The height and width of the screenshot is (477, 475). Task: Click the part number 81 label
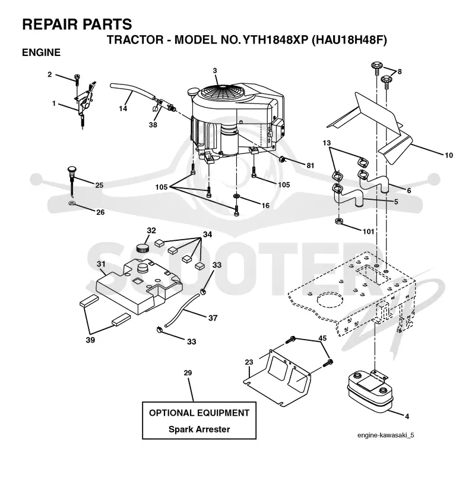(x=310, y=165)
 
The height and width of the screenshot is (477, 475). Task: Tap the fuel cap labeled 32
(x=142, y=247)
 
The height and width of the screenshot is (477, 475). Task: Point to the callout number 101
(x=368, y=231)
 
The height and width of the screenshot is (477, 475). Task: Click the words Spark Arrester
(x=199, y=429)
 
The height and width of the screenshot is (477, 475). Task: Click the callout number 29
(x=188, y=373)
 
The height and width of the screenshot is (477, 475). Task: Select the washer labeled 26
(x=72, y=203)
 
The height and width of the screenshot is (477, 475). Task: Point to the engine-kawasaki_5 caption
(x=386, y=435)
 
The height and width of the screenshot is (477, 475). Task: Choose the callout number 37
(x=213, y=318)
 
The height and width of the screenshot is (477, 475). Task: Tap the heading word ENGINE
(x=42, y=52)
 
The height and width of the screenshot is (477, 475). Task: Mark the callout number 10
(x=449, y=155)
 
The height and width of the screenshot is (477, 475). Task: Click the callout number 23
(x=249, y=362)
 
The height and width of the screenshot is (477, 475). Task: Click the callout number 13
(x=327, y=143)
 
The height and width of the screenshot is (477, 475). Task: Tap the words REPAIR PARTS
(x=77, y=24)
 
